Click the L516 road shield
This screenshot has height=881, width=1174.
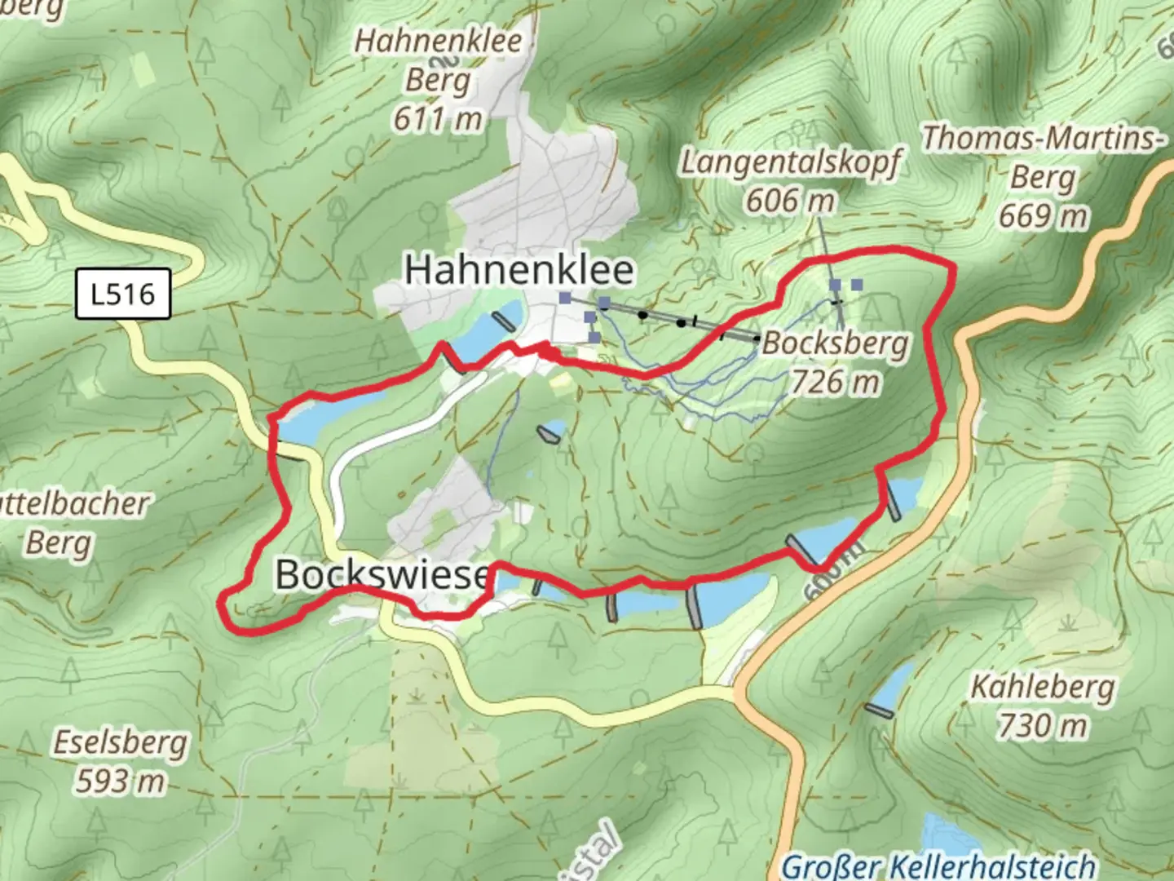pos(122,294)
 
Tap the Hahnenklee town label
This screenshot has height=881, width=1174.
pos(519,269)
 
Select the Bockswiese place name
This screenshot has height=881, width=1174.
pos(382,574)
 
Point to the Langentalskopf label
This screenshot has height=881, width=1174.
pos(791,162)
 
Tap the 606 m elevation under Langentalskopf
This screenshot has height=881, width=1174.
pos(790,200)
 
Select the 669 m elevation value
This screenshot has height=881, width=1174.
pos(1043,216)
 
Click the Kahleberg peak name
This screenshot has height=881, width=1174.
pos(1042,687)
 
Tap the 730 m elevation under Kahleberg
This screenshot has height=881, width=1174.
pos(1042,725)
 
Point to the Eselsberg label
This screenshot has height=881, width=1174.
pos(121,743)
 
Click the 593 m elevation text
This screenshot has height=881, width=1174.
pos(121,781)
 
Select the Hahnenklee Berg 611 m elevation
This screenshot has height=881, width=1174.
pos(438,119)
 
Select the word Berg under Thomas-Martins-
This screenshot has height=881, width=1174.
pos(1043,177)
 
